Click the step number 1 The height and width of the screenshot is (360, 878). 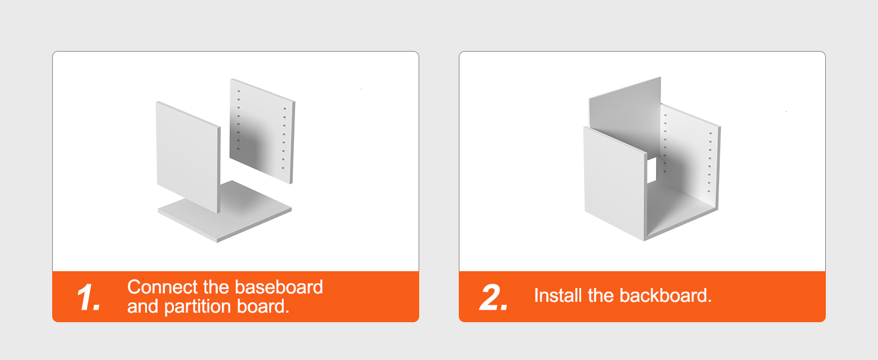(x=89, y=297)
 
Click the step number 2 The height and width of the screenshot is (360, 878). (x=494, y=297)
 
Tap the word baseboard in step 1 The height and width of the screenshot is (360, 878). (x=279, y=287)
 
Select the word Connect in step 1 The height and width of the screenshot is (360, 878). (x=163, y=287)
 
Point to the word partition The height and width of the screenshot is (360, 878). (x=197, y=307)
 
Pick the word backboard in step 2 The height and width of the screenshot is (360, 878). (x=665, y=296)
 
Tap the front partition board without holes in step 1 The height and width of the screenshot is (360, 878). (x=188, y=157)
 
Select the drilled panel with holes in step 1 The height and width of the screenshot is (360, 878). (x=262, y=131)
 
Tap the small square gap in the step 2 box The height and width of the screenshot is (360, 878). (x=651, y=170)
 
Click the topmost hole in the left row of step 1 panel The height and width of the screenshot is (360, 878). (x=239, y=91)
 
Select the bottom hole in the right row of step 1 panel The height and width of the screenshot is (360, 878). (x=283, y=168)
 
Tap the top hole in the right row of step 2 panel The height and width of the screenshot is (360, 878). (x=711, y=133)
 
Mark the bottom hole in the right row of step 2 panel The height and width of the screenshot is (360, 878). (x=709, y=191)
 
